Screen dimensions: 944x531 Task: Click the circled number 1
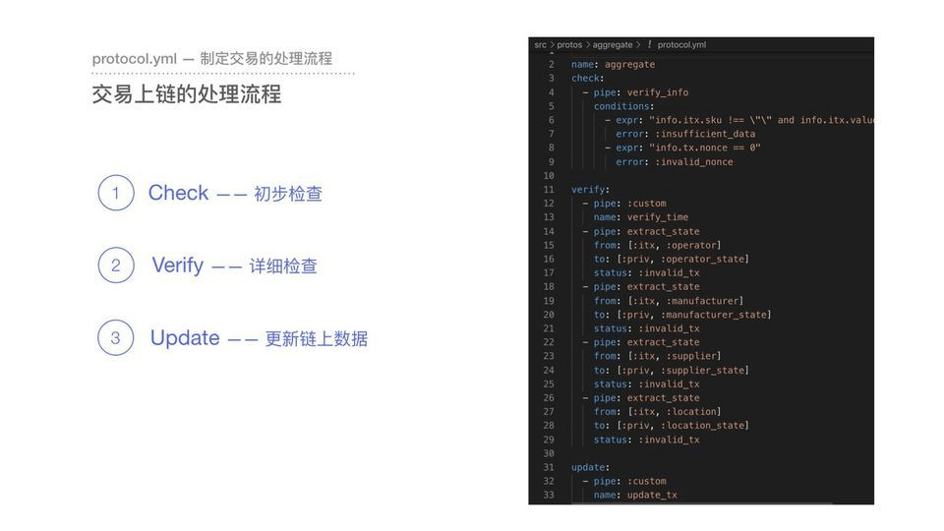pyautogui.click(x=116, y=193)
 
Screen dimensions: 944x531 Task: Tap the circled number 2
pyautogui.click(x=116, y=265)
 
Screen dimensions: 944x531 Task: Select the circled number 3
pyautogui.click(x=116, y=337)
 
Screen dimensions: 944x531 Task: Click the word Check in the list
pyautogui.click(x=178, y=193)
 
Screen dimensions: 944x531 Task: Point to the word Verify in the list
pyautogui.click(x=178, y=265)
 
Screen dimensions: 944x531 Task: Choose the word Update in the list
pyautogui.click(x=185, y=337)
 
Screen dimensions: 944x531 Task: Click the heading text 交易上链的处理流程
pyautogui.click(x=187, y=94)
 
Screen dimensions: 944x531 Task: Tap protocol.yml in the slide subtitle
pyautogui.click(x=135, y=59)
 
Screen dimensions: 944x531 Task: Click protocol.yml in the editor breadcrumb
pyautogui.click(x=681, y=44)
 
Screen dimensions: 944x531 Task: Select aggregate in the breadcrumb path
pyautogui.click(x=613, y=44)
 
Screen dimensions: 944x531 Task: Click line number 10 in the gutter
pyautogui.click(x=549, y=176)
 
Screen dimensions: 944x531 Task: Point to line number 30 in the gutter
pyautogui.click(x=549, y=453)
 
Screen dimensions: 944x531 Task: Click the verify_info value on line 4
pyautogui.click(x=658, y=92)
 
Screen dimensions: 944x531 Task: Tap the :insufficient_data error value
pyautogui.click(x=705, y=134)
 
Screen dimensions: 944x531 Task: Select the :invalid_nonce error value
pyautogui.click(x=694, y=162)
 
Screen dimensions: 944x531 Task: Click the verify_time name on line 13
pyautogui.click(x=658, y=217)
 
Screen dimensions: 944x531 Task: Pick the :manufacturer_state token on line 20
pyautogui.click(x=717, y=315)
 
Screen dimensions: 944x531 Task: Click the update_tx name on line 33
pyautogui.click(x=652, y=495)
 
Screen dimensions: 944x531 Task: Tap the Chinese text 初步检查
pyautogui.click(x=288, y=194)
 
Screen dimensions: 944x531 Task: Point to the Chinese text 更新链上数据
pyautogui.click(x=317, y=339)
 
